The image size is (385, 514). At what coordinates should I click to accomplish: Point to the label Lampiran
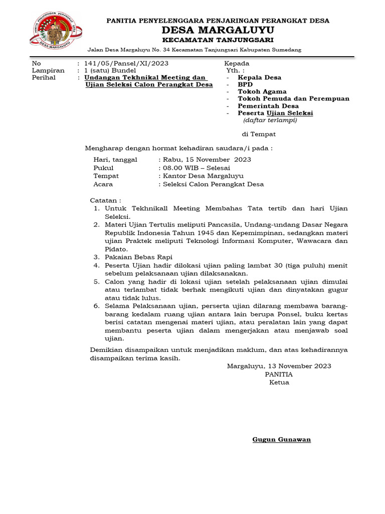point(48,71)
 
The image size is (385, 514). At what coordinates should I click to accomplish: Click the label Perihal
point(44,78)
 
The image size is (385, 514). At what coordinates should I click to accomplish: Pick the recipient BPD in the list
point(246,85)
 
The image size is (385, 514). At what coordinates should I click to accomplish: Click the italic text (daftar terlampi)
point(270,120)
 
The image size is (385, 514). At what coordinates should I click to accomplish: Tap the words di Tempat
point(259,135)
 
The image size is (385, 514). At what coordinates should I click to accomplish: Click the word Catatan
point(105,200)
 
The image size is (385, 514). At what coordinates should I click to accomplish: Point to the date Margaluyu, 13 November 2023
point(279,366)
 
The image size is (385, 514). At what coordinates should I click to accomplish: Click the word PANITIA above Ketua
point(279,374)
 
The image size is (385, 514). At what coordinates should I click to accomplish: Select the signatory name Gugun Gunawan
point(281,440)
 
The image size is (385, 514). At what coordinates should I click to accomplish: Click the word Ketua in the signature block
point(279,382)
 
